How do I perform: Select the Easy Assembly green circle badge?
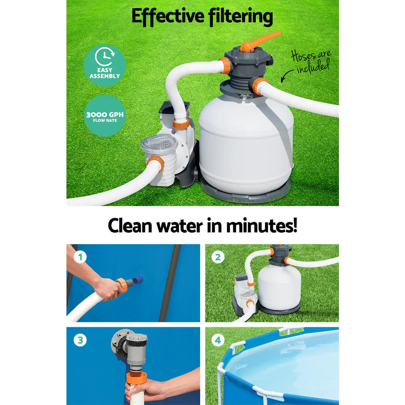click(105, 65)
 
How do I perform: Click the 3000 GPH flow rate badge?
click(105, 115)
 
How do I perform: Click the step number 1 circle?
click(80, 256)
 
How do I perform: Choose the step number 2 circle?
click(218, 256)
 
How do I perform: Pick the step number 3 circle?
click(80, 340)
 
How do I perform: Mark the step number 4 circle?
click(218, 340)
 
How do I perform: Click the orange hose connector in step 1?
click(122, 284)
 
